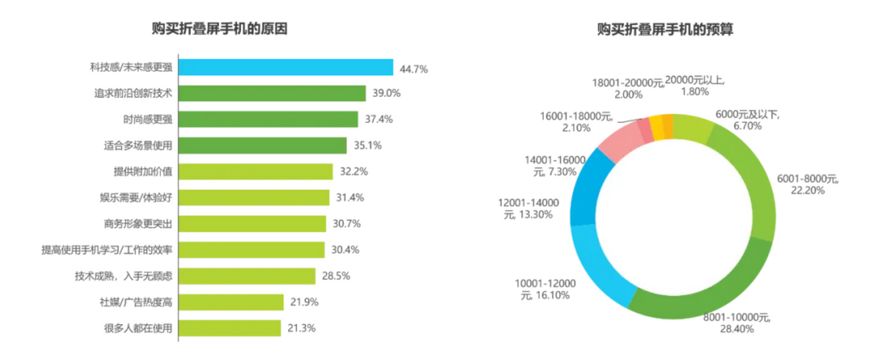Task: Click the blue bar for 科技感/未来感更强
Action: (x=287, y=68)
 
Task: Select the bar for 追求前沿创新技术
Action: (x=273, y=93)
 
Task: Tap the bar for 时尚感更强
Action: (x=269, y=119)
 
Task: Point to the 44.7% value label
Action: (x=414, y=68)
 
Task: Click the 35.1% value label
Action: (x=367, y=145)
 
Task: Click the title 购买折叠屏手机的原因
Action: (x=219, y=29)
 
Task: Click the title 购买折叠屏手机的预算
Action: (x=666, y=29)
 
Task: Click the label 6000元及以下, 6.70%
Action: (x=747, y=120)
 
